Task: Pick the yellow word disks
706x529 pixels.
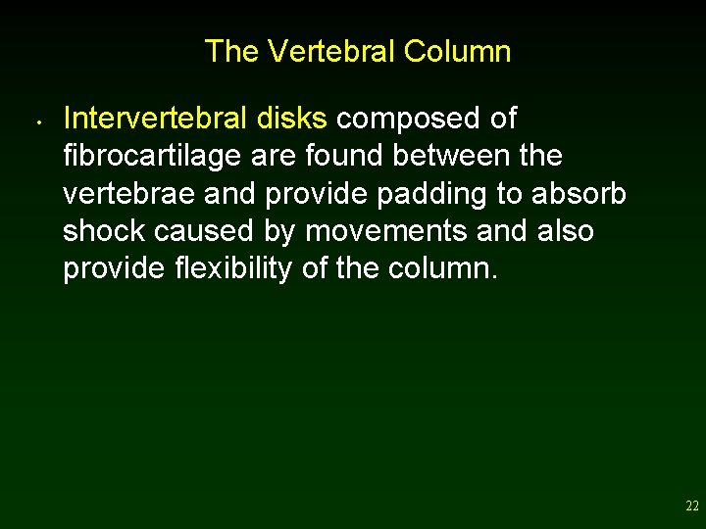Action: [x=291, y=119]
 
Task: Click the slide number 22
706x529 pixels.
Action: [x=692, y=506]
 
